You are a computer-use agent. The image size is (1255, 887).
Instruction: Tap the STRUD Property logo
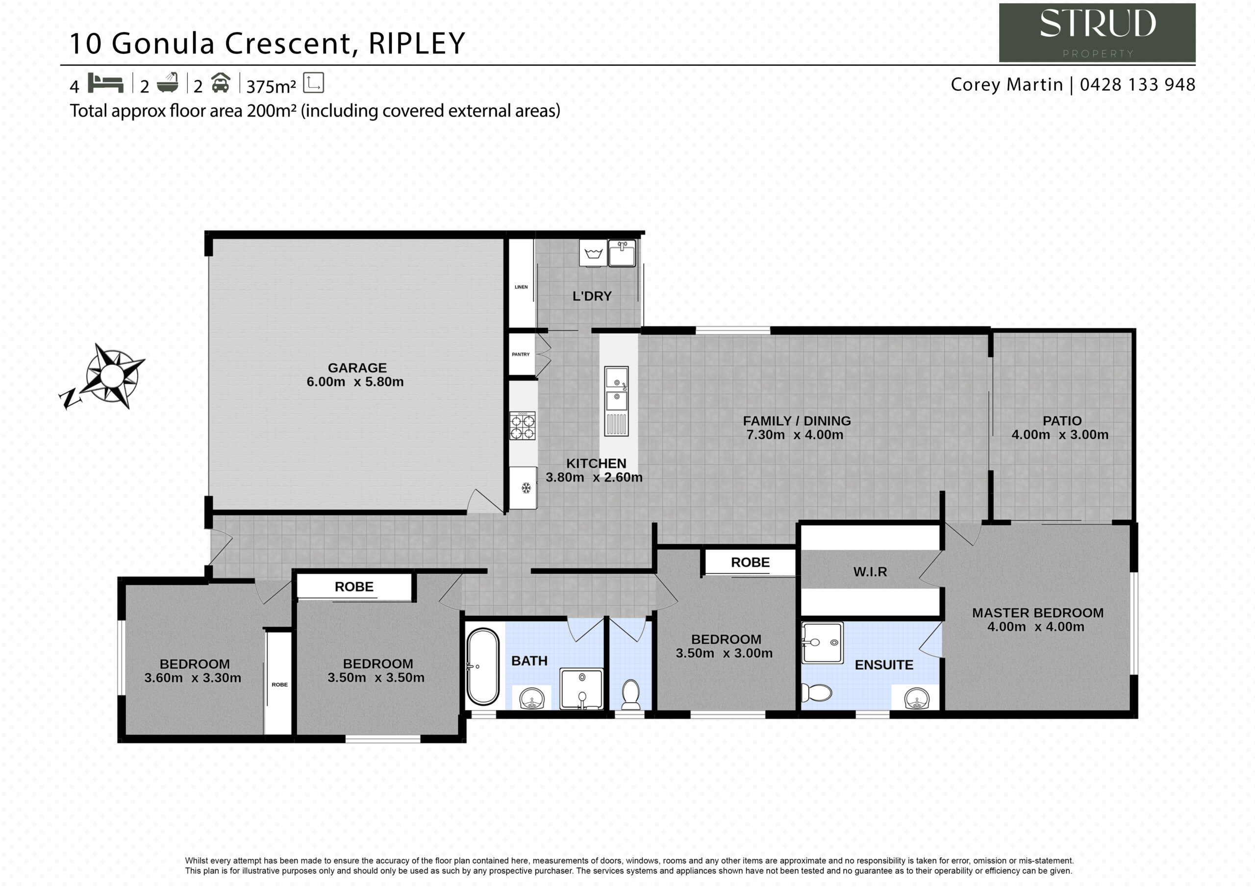1097,33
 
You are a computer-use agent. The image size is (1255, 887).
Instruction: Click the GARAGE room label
357,368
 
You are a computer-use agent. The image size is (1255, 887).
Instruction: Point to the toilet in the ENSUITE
816,693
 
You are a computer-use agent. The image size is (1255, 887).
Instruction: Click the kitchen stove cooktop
523,426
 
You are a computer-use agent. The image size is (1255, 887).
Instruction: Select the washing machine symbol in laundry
593,253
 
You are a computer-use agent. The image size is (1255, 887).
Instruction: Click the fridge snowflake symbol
526,488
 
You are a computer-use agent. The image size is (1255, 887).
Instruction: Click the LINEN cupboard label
521,287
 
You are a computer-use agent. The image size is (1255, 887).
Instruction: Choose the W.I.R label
870,572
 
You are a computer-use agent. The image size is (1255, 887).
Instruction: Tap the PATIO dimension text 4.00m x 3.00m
1060,435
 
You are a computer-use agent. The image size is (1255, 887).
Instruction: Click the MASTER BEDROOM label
1037,613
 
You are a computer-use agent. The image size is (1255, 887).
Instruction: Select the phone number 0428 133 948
1137,85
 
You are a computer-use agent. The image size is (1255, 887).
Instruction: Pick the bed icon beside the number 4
105,83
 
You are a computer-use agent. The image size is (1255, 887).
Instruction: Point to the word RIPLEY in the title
417,44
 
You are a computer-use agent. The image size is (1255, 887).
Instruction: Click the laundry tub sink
622,253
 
